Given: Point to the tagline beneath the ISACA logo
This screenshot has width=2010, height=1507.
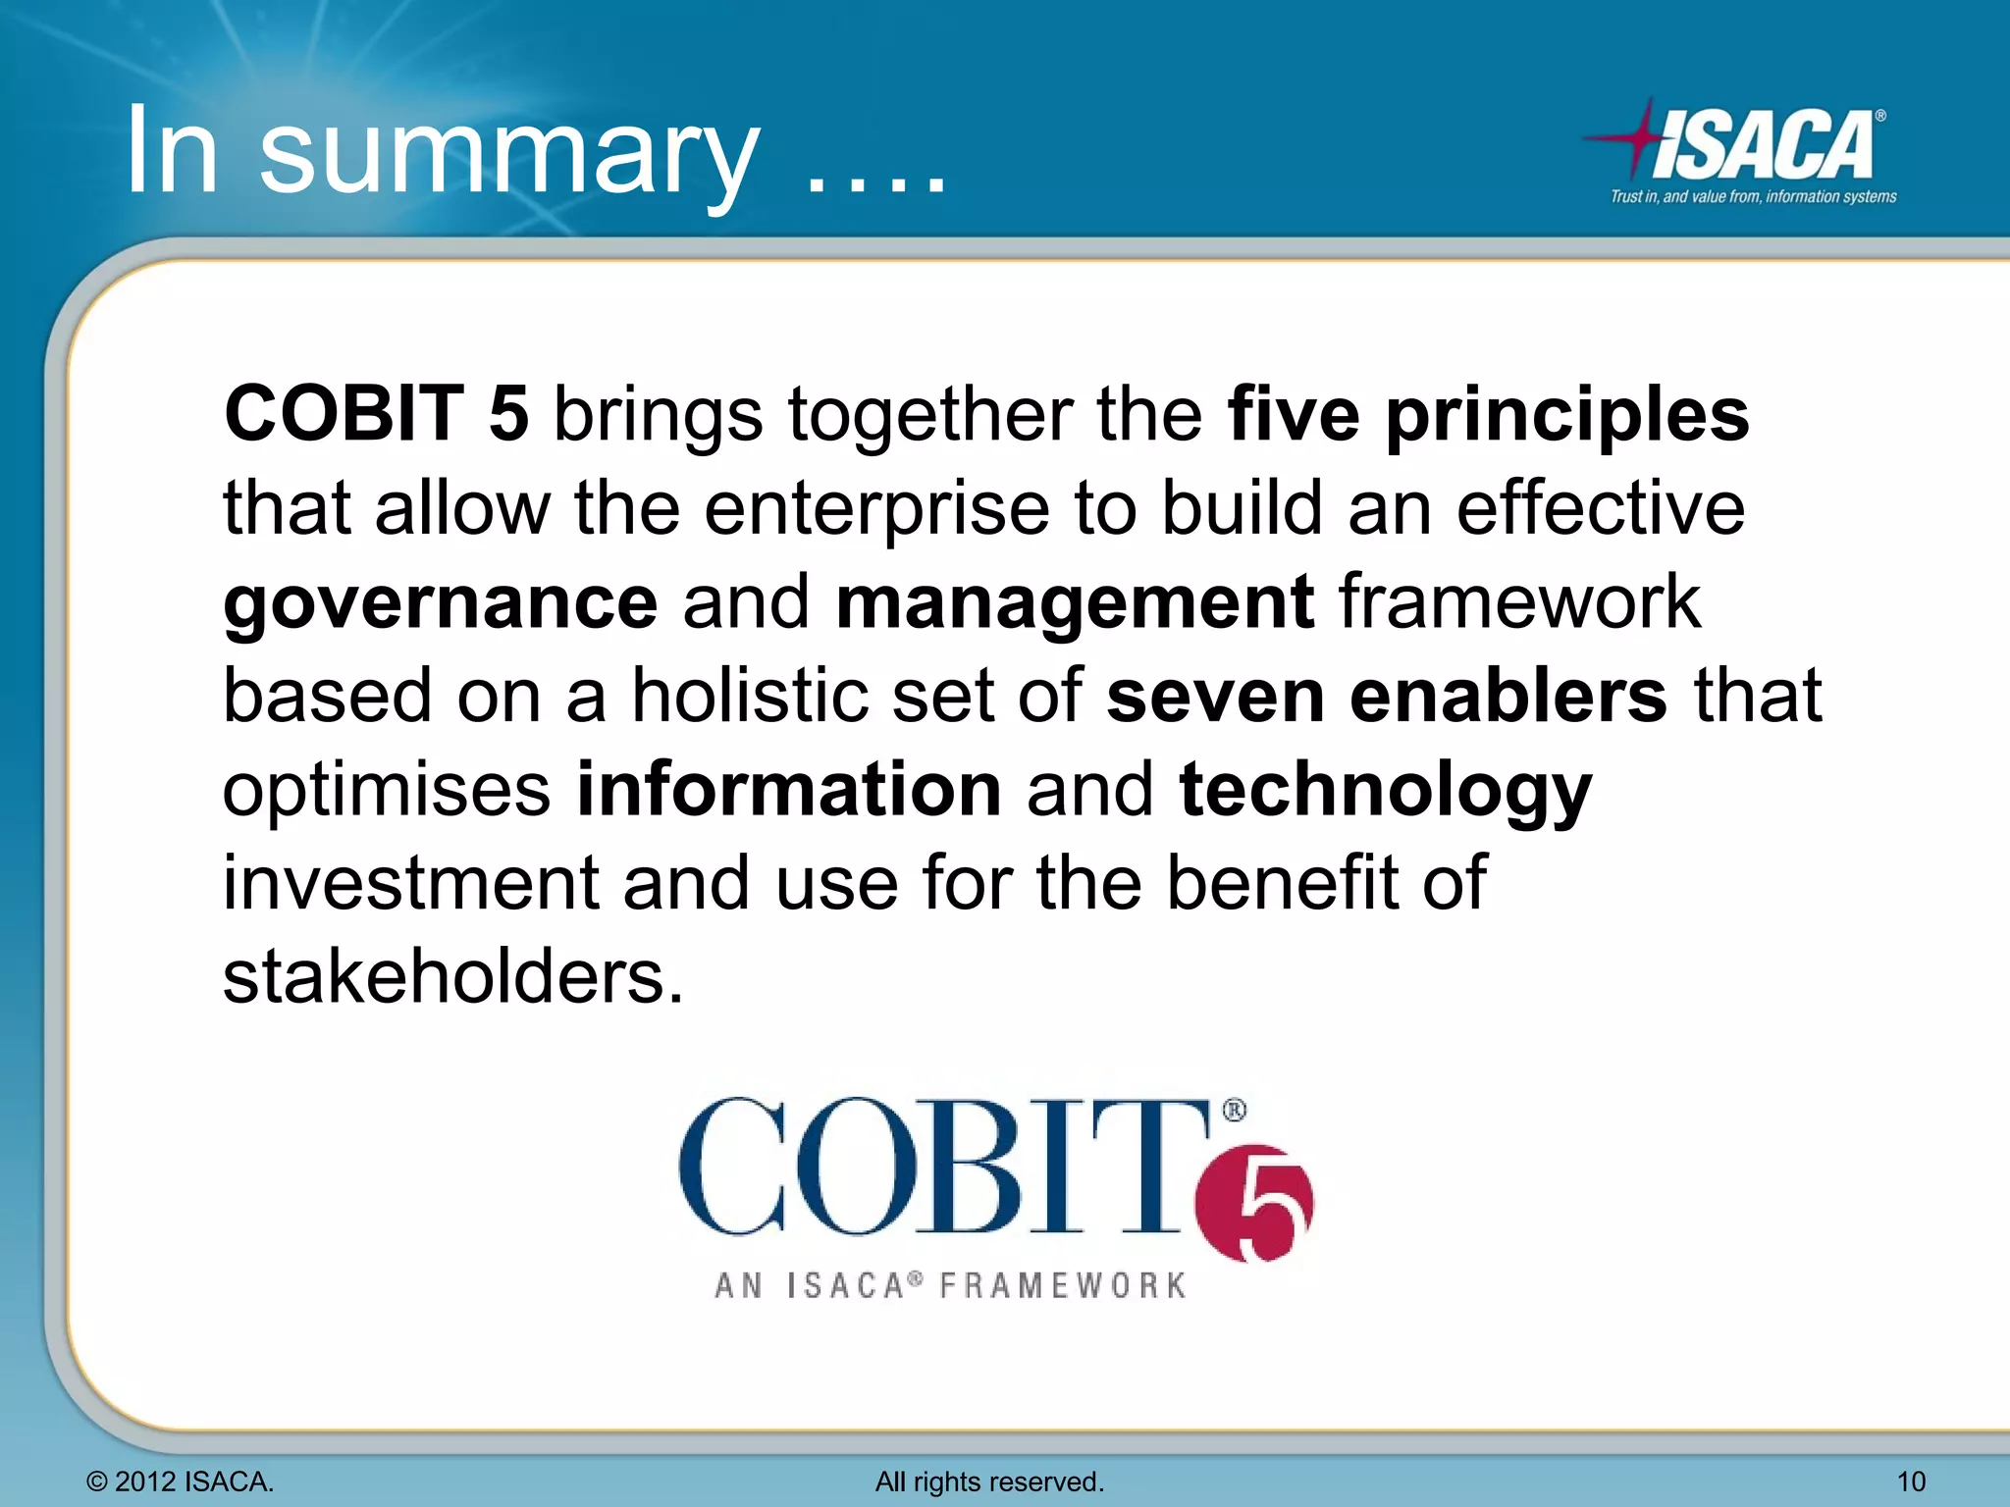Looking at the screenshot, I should pos(1753,197).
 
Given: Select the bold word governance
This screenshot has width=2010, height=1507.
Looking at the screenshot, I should pos(440,603).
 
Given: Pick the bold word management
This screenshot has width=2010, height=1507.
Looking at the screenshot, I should pos(1074,603).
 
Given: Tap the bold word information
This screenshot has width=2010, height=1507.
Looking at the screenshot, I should pos(788,790).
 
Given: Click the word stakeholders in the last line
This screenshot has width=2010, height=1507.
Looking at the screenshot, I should pos(451,977).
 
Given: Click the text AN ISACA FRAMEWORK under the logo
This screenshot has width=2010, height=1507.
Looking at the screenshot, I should pos(950,1285).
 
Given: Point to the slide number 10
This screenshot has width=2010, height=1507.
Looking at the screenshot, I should pos(1910,1481).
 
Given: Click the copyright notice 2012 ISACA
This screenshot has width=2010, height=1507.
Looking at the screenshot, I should pos(181,1481).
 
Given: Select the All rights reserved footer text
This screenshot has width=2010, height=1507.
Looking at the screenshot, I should pos(989,1481).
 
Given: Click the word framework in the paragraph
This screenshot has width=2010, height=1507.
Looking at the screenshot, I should pos(1519,603).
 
